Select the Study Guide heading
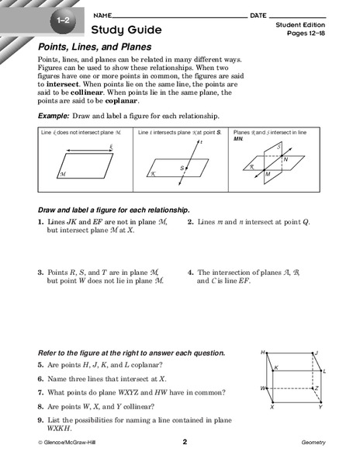126,30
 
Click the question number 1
40,221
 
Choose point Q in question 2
305,221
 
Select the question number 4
190,272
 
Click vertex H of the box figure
264,351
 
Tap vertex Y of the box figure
320,407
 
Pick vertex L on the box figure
324,371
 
